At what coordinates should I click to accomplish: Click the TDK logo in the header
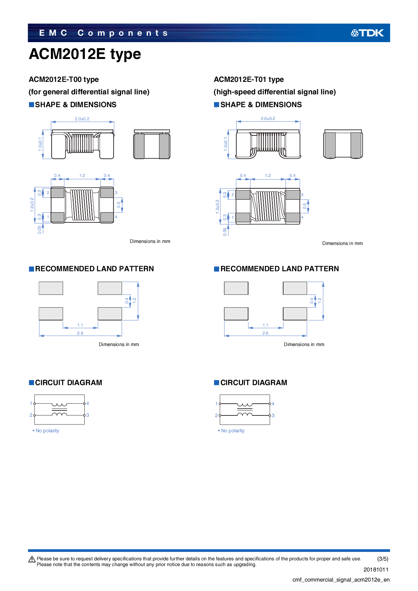click(x=367, y=33)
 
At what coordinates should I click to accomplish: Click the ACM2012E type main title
click(x=85, y=54)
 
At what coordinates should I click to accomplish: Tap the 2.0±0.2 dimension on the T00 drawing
click(x=82, y=119)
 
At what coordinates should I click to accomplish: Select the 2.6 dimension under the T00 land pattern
click(x=80, y=333)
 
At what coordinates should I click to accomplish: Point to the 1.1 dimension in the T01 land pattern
click(x=266, y=325)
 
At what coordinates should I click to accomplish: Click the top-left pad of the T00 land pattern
click(x=51, y=288)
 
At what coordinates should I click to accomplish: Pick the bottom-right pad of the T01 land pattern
click(x=295, y=314)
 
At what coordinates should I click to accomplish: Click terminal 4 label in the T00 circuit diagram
click(x=88, y=403)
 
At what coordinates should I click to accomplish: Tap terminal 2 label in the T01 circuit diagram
click(x=216, y=415)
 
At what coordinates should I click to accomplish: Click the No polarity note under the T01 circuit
click(x=233, y=431)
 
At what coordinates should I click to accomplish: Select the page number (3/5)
click(x=383, y=559)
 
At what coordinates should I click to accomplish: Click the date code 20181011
click(x=376, y=569)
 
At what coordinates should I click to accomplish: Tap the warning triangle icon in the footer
click(x=32, y=559)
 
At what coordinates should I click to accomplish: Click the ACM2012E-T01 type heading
click(x=249, y=80)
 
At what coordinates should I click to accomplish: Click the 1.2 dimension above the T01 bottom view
click(x=268, y=176)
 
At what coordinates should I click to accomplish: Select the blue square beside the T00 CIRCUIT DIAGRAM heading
click(x=32, y=382)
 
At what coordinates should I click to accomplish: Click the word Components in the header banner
click(x=123, y=33)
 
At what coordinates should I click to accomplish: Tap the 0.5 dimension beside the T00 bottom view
click(x=119, y=205)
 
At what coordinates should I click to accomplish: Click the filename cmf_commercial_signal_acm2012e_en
click(x=341, y=580)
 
